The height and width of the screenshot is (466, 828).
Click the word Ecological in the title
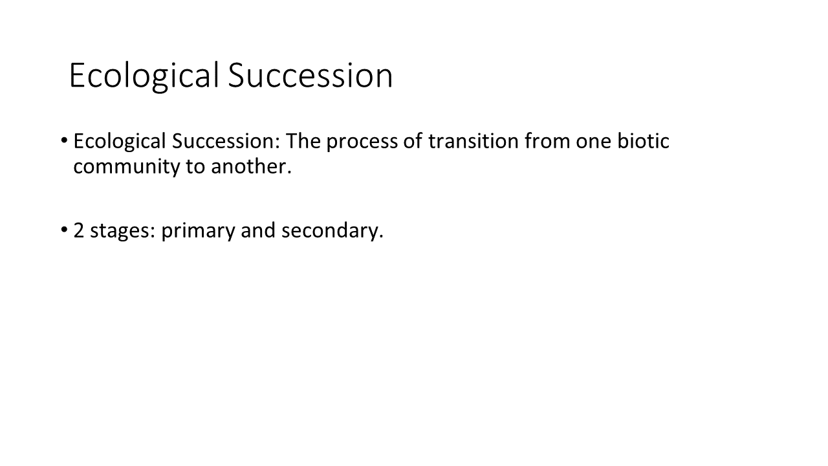coord(144,76)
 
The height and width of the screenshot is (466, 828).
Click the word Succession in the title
coord(310,75)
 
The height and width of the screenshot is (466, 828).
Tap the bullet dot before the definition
coord(64,140)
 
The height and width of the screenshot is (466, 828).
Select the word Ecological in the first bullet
coord(120,142)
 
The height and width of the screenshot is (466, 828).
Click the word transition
coord(474,141)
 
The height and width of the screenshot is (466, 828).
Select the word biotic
coord(643,141)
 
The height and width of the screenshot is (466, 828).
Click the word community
coord(126,168)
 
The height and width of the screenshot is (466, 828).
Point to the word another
coord(252,166)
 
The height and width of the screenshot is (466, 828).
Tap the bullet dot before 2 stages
coord(64,230)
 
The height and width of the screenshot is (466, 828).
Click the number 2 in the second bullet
coord(79,230)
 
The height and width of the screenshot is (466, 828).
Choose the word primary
coord(198,232)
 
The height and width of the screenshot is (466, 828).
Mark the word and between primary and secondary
coord(258,230)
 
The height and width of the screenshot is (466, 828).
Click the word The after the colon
coord(303,141)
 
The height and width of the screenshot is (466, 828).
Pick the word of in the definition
coord(413,140)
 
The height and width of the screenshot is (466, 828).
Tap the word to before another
coord(195,167)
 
